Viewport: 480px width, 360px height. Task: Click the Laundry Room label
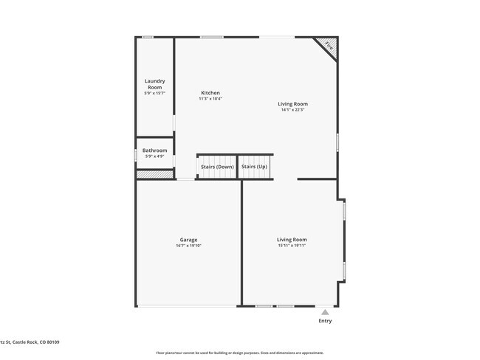[x=154, y=84]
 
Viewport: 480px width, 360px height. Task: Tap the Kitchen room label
[x=210, y=93]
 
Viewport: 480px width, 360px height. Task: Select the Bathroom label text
[x=154, y=150]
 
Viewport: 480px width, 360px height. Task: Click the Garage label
[x=188, y=240]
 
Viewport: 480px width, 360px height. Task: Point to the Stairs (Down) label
[x=217, y=167]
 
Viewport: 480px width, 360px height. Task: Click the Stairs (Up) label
[x=254, y=167]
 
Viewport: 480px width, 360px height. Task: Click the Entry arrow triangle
[x=325, y=312]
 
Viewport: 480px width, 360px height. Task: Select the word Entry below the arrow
[x=325, y=321]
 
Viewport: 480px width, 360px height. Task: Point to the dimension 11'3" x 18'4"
[x=210, y=99]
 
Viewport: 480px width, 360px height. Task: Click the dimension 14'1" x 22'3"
[x=292, y=111]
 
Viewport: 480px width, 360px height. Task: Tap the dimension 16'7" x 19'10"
[x=188, y=246]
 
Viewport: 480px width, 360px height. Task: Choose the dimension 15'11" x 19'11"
[x=292, y=246]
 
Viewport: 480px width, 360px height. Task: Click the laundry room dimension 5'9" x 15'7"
[x=154, y=93]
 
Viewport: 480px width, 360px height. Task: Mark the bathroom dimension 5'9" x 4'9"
[x=154, y=156]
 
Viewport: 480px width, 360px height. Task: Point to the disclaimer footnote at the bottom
[x=239, y=353]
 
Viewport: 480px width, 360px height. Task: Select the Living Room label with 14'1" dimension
[x=292, y=104]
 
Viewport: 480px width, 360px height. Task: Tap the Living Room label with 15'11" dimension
[x=292, y=240]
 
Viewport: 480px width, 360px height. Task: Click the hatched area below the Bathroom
[x=154, y=175]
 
